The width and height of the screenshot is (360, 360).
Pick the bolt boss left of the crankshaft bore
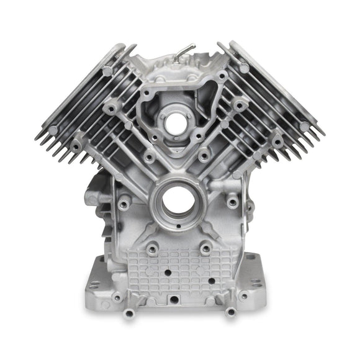click(x=125, y=202)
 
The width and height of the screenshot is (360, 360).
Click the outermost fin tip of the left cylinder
click(x=41, y=136)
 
